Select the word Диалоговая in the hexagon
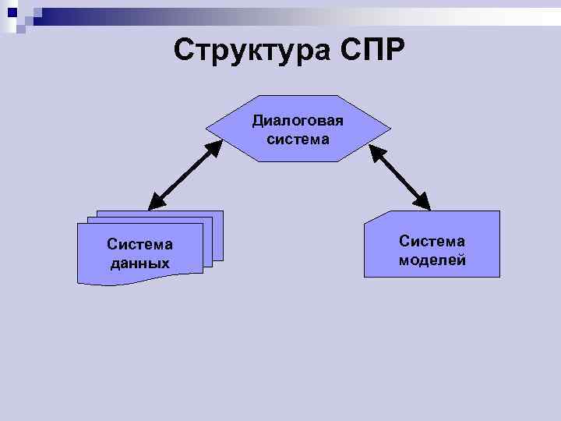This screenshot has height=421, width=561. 298,122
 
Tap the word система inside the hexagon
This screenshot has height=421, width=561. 298,140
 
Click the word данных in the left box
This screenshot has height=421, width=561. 140,264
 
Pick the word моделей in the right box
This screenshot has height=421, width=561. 432,260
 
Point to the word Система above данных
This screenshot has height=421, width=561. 140,245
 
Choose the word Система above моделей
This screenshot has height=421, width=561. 432,241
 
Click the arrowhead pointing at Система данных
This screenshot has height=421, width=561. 153,203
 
